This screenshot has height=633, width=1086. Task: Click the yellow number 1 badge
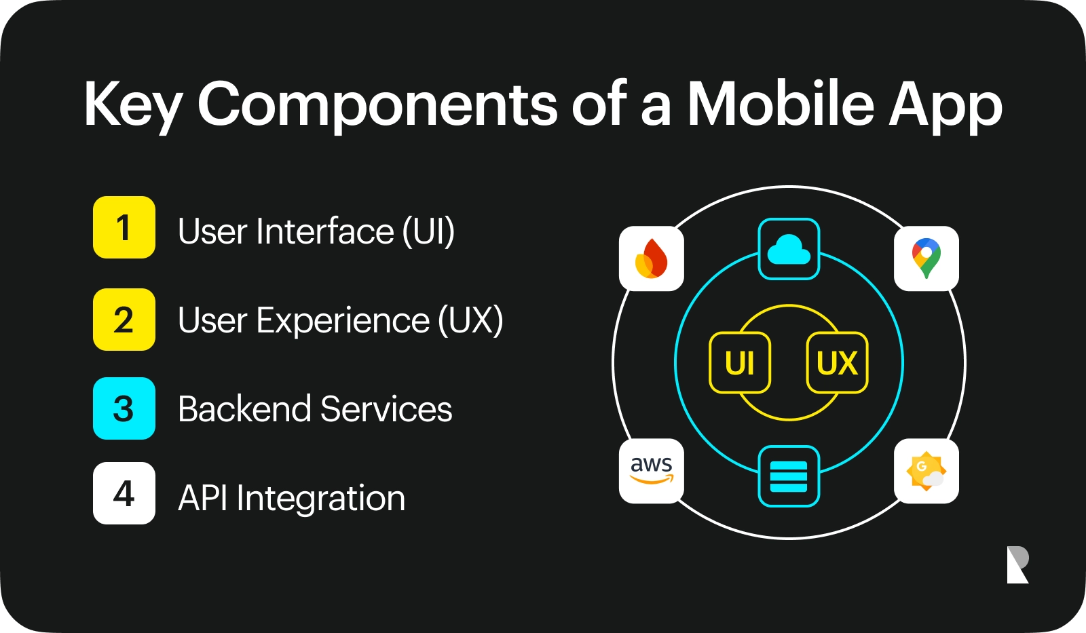pyautogui.click(x=124, y=227)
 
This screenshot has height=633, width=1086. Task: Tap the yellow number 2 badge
pyautogui.click(x=124, y=320)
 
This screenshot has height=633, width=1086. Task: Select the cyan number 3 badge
pyautogui.click(x=124, y=408)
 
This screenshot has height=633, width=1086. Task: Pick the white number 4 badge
pyautogui.click(x=124, y=493)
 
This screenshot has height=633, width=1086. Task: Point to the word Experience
pyautogui.click(x=343, y=320)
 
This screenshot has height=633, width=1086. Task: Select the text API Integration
pyautogui.click(x=291, y=498)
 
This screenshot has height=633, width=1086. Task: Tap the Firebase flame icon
pyautogui.click(x=652, y=258)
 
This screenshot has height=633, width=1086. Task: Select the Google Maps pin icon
pyautogui.click(x=926, y=258)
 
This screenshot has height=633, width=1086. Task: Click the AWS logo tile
pyautogui.click(x=652, y=471)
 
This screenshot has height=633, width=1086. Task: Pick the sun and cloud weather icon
pyautogui.click(x=926, y=471)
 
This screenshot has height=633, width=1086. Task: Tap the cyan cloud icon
pyautogui.click(x=789, y=249)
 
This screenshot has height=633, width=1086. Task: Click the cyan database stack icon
pyautogui.click(x=789, y=476)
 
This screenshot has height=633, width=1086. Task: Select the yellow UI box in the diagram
pyautogui.click(x=740, y=363)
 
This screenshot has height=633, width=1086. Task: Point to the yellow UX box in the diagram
pyautogui.click(x=837, y=363)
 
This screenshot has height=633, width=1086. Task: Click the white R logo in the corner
pyautogui.click(x=1017, y=564)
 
